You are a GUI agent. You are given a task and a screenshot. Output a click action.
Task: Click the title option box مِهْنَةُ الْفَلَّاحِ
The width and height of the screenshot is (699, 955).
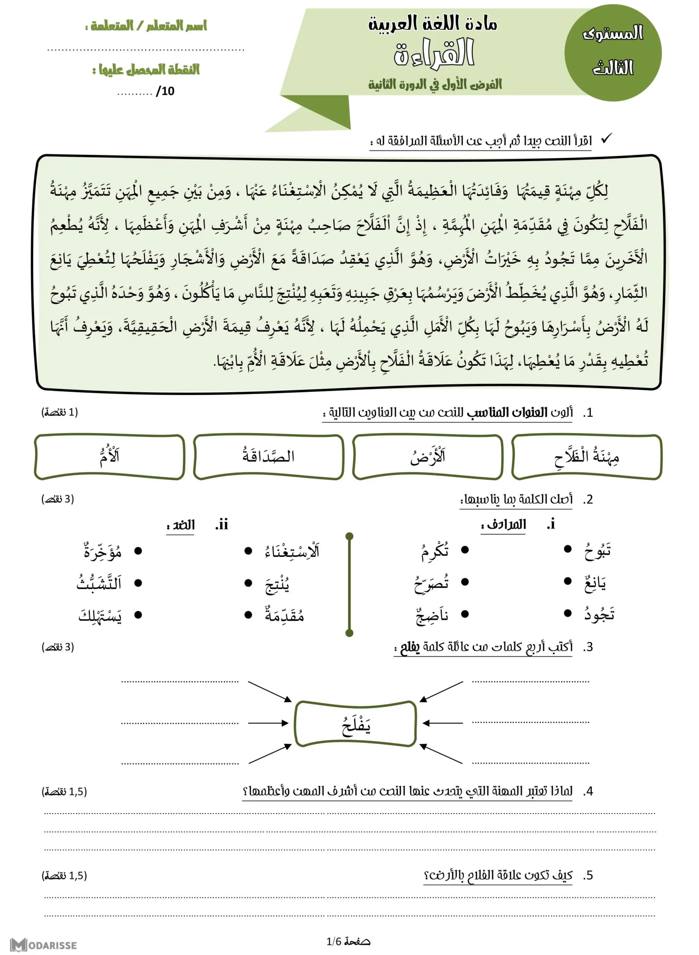(586, 457)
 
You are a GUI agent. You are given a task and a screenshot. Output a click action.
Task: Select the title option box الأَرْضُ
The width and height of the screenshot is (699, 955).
(427, 457)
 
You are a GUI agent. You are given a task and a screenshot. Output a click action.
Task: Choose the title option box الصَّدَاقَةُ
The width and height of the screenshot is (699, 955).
(268, 457)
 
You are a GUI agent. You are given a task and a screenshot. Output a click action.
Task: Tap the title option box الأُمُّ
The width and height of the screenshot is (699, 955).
(110, 457)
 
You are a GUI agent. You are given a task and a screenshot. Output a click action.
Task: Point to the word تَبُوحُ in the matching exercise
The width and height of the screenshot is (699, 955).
(598, 551)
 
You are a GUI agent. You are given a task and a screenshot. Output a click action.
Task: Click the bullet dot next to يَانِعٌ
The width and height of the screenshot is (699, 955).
(568, 582)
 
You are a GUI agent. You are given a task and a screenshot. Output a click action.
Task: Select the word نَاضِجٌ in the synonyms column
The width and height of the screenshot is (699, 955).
(432, 615)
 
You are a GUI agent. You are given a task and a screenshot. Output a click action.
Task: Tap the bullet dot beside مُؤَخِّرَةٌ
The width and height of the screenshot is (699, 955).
(138, 551)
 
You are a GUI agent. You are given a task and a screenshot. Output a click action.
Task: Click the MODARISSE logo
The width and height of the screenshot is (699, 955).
(44, 945)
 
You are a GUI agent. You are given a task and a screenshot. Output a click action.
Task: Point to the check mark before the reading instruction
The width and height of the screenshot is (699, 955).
(606, 138)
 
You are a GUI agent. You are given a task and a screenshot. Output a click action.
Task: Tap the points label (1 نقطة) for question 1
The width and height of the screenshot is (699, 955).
(60, 412)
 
